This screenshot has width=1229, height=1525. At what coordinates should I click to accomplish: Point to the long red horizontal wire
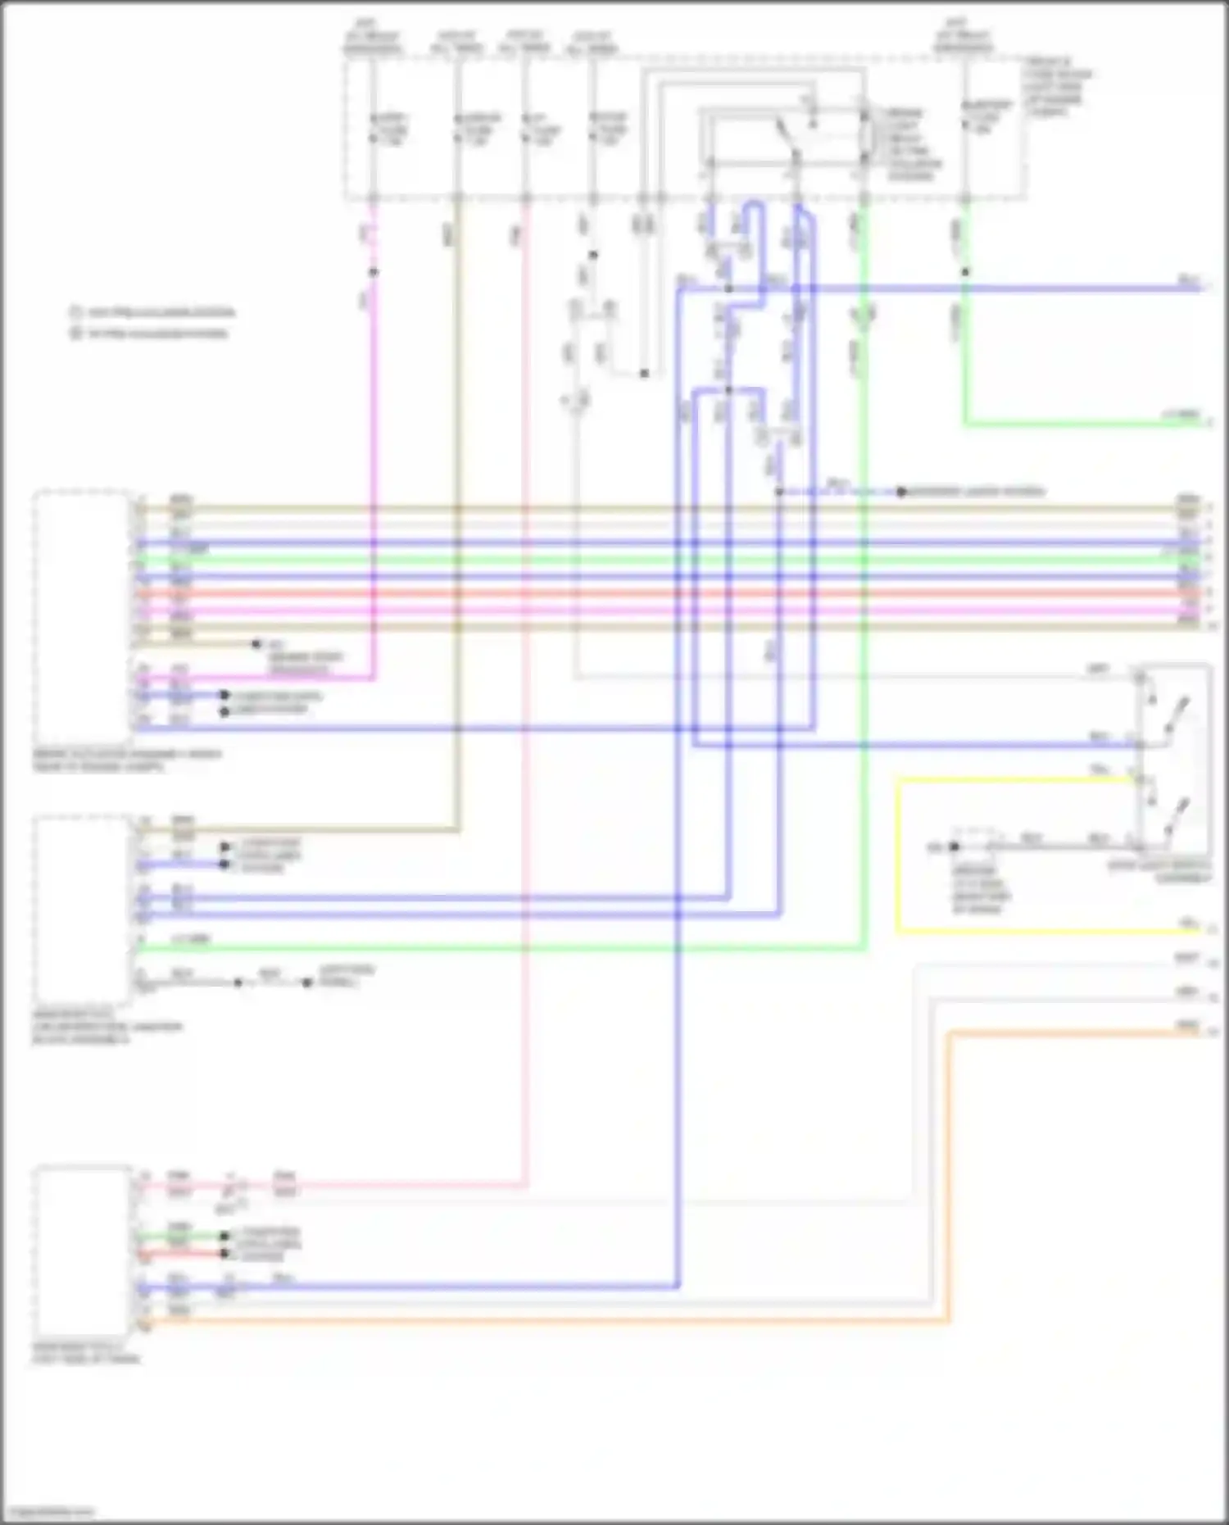click(x=655, y=592)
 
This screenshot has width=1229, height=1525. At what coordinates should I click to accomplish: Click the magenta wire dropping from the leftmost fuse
click(x=374, y=459)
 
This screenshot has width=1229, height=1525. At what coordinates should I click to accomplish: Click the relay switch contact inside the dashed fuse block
click(x=787, y=139)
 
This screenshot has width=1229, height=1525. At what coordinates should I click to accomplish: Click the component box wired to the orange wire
click(x=82, y=1250)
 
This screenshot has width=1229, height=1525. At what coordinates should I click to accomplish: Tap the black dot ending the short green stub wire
click(x=224, y=1236)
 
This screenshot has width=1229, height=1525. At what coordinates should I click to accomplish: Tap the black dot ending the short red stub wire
click(x=224, y=1253)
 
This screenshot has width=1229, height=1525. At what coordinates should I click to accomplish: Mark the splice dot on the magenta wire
click(x=374, y=272)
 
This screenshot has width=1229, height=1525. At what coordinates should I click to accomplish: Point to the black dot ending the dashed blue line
click(x=901, y=492)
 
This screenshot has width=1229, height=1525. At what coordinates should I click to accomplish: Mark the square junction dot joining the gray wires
click(x=644, y=374)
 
